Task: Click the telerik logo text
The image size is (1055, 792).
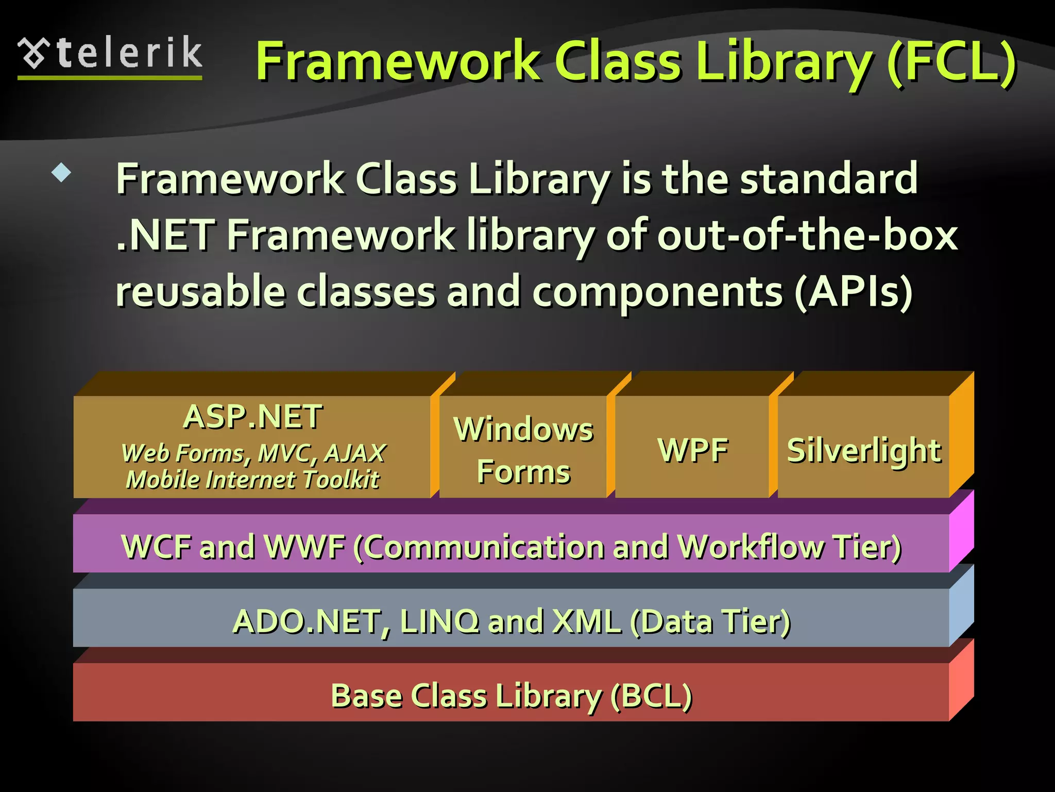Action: click(129, 53)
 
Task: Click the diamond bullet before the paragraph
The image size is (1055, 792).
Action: click(61, 173)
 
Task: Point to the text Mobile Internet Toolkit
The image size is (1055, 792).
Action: click(252, 480)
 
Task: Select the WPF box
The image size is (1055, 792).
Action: click(693, 450)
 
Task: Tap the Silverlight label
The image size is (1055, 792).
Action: click(864, 450)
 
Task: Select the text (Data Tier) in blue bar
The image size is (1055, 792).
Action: click(710, 621)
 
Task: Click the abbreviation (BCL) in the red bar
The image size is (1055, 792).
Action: click(651, 696)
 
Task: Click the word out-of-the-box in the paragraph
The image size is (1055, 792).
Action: click(807, 235)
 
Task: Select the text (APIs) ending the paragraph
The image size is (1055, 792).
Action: click(853, 292)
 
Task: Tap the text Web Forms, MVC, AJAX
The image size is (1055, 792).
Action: click(253, 453)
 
